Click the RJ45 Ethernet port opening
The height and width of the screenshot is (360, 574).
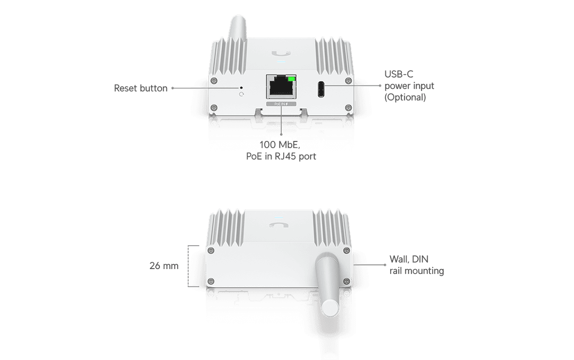click(281, 88)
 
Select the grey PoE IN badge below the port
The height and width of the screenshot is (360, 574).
click(281, 105)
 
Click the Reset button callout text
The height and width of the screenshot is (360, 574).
click(140, 88)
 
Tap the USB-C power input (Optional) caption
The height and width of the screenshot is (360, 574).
click(409, 85)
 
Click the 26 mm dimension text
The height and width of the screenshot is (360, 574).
click(163, 265)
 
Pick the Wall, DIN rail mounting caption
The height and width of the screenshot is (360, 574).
click(416, 265)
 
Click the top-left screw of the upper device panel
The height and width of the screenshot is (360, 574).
click(214, 80)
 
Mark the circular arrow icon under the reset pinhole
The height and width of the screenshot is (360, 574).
click(242, 95)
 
